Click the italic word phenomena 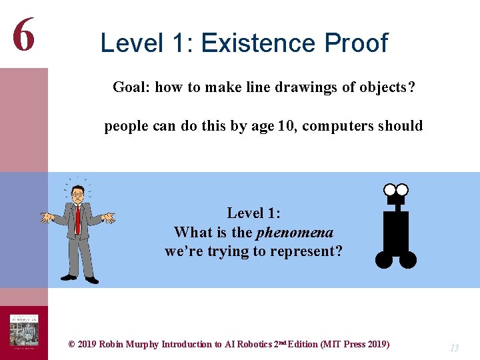[x=295, y=232]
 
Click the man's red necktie [x=78, y=220]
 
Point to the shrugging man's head [x=77, y=195]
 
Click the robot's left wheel [x=384, y=259]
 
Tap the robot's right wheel [x=408, y=259]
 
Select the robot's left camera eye [x=391, y=189]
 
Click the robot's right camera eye [x=402, y=189]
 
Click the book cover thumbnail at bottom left [x=23, y=332]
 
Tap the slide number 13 [x=454, y=348]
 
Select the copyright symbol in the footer [x=71, y=344]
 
